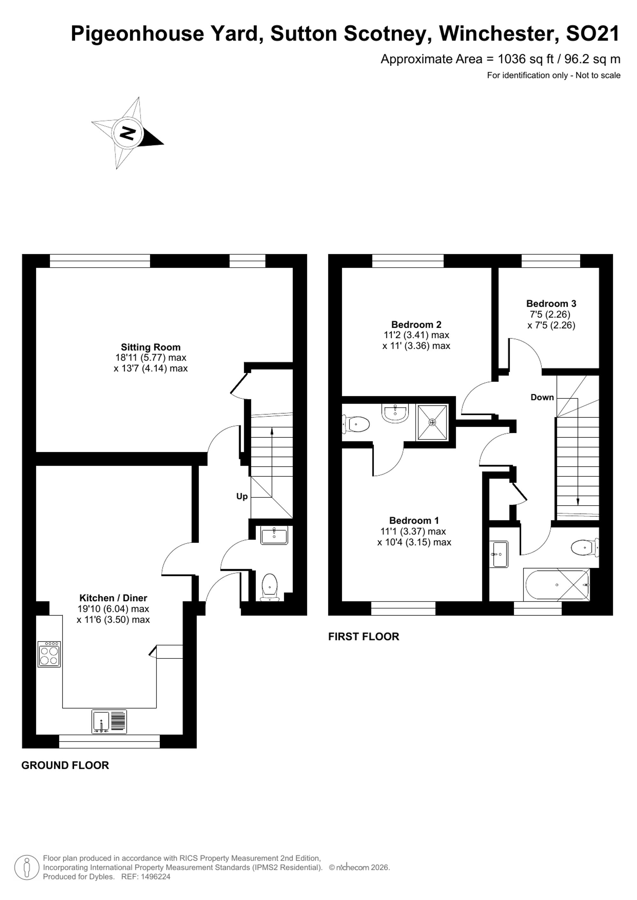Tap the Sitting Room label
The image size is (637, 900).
pos(151,347)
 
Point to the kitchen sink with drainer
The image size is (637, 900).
pos(110,722)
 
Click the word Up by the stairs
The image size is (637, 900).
pos(242,497)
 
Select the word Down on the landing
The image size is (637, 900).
pos(542,397)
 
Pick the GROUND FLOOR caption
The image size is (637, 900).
pos(65,766)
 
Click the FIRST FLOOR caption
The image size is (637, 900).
pos(364,636)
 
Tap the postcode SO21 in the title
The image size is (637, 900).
pos(593,34)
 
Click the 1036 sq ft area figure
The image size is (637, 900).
pos(526,59)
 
